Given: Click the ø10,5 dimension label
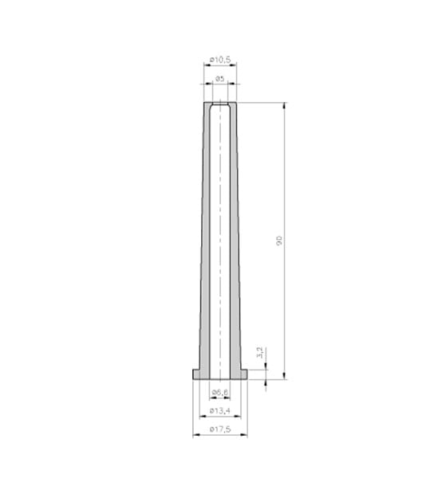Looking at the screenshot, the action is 220,60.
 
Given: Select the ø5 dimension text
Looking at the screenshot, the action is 220,79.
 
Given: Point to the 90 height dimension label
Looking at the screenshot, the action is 279,241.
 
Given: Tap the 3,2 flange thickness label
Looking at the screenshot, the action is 260,353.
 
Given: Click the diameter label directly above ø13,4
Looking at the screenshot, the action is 220,392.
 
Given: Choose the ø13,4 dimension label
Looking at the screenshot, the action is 220,411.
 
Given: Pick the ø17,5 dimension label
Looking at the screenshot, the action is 220,429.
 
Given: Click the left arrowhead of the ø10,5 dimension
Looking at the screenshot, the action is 207,65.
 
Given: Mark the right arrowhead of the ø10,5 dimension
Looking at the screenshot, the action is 233,65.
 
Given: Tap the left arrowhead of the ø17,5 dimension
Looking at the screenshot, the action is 196,435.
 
